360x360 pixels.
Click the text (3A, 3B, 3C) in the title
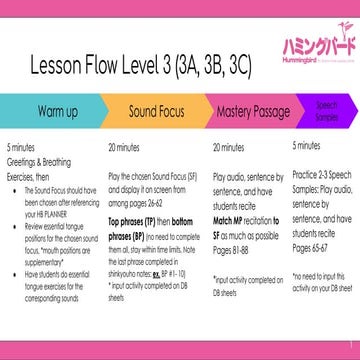pyautogui.click(x=228, y=62)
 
